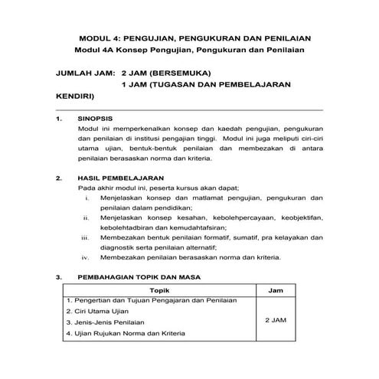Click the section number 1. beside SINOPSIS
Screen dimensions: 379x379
coord(60,119)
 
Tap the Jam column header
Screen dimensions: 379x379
coord(279,291)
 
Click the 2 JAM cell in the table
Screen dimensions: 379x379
coord(279,319)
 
